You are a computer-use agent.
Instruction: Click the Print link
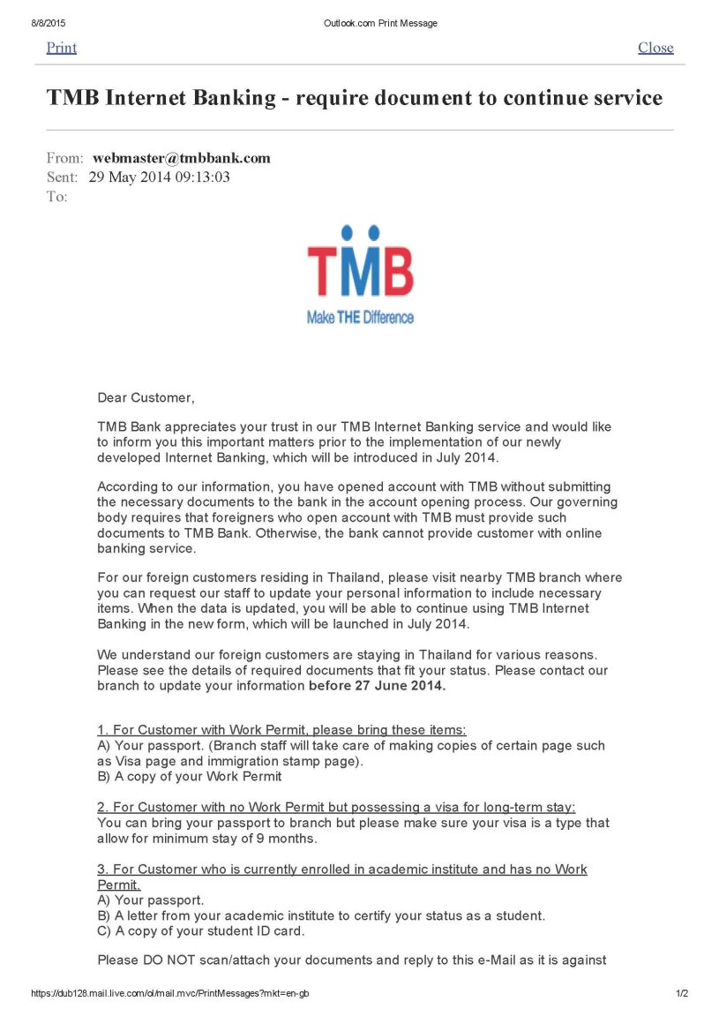click(61, 48)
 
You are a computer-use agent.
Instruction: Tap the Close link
click(655, 48)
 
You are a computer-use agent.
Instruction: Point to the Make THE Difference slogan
click(360, 318)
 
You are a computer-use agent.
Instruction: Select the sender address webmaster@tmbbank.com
click(182, 159)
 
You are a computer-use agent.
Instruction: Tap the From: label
click(64, 159)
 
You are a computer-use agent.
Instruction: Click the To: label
click(56, 196)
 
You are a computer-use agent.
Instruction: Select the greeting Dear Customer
click(145, 398)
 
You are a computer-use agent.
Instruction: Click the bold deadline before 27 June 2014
click(377, 685)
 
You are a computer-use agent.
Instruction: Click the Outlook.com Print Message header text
click(380, 23)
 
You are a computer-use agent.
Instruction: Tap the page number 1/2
click(681, 993)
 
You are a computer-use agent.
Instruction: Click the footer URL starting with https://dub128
click(169, 993)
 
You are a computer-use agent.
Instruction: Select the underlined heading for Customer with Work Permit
click(281, 730)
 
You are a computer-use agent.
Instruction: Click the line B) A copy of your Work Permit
click(189, 777)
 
